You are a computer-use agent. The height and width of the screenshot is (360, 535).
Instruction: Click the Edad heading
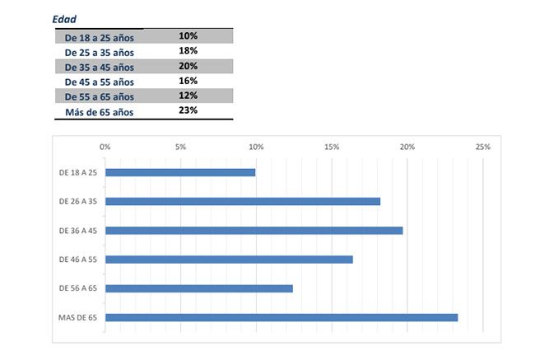66,18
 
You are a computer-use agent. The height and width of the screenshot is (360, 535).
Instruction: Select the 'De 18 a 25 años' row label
99,37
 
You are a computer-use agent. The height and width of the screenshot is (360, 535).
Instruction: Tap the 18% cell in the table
188,50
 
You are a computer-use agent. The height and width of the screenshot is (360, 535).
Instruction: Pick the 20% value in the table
188,66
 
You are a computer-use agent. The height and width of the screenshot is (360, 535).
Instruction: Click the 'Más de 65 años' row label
99,112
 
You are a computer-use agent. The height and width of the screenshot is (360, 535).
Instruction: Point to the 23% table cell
188,110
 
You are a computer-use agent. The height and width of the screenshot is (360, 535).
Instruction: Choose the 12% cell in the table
188,96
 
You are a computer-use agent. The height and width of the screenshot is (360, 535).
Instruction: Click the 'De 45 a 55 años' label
99,82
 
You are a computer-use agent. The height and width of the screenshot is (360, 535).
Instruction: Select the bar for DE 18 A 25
180,172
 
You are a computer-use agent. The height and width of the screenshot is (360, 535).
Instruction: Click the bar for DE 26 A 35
243,201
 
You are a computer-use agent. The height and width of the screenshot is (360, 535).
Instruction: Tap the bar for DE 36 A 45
254,230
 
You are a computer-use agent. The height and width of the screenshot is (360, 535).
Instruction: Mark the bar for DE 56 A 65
199,288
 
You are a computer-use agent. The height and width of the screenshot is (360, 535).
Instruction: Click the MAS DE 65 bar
281,317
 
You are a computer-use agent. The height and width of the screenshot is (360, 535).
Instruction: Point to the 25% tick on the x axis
483,147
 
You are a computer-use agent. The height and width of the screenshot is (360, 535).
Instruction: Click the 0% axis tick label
105,147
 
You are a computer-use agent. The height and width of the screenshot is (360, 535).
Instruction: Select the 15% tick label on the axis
332,147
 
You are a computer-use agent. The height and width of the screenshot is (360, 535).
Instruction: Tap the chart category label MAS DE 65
77,317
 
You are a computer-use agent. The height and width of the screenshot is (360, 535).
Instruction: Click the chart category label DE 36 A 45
78,230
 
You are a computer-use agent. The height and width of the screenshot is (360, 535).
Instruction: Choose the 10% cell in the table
188,35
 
